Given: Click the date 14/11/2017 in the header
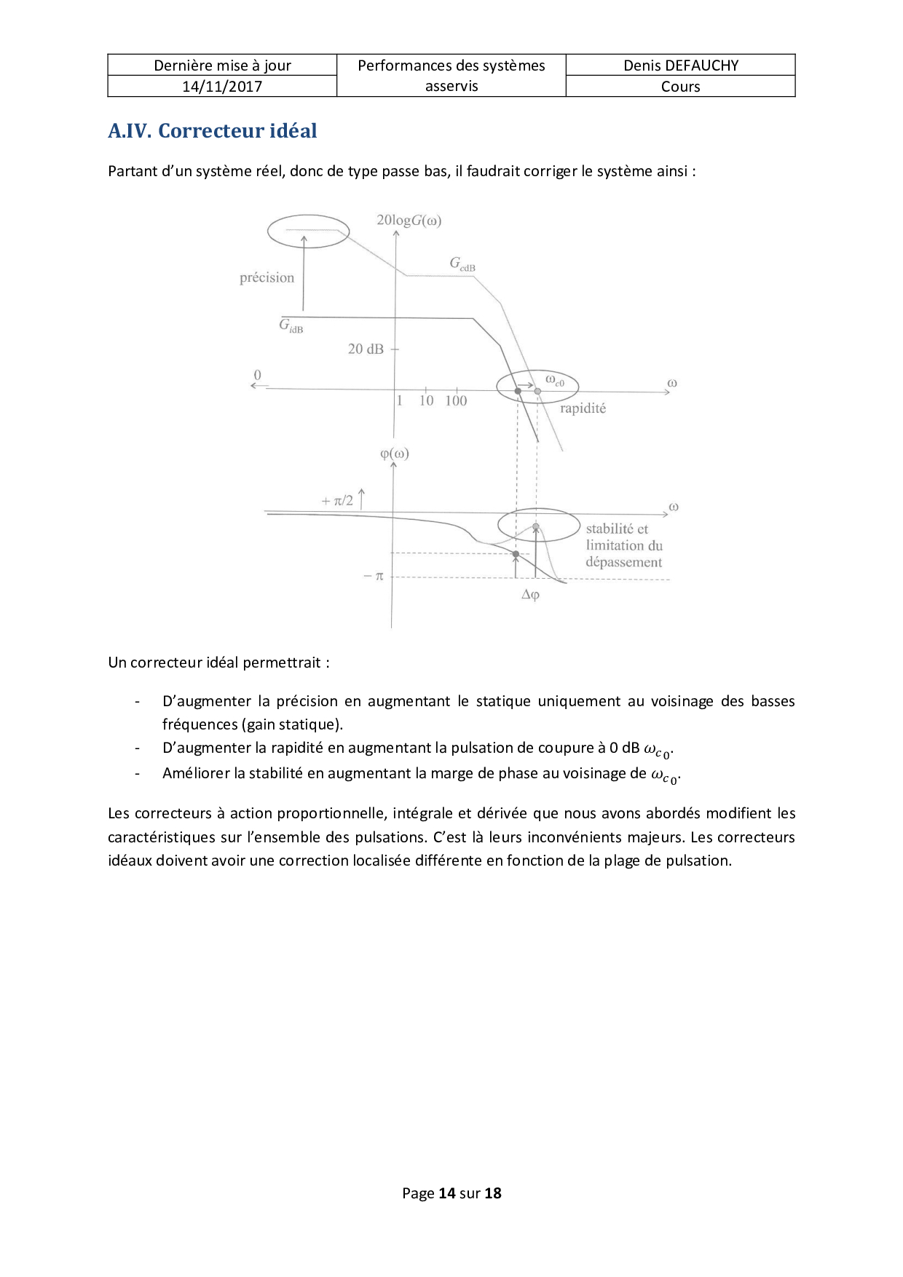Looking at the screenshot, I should click(x=222, y=87).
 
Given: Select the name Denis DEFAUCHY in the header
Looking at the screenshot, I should click(x=680, y=66).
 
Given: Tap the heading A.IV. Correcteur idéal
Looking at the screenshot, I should click(x=213, y=131).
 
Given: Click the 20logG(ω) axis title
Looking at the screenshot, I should click(x=409, y=220).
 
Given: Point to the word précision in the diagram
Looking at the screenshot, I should click(x=267, y=277).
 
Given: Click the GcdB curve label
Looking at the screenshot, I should click(x=462, y=264).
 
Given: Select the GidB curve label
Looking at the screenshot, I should click(x=291, y=325).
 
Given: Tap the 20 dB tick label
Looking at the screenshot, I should click(x=366, y=349).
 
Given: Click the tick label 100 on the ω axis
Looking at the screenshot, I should click(x=456, y=400).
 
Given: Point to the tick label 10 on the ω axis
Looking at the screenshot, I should click(x=426, y=400).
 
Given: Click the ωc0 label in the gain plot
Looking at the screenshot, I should click(x=555, y=380).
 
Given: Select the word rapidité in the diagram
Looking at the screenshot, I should click(x=583, y=408).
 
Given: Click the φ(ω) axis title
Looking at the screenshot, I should click(x=395, y=454).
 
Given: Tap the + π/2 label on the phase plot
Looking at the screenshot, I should click(x=337, y=501).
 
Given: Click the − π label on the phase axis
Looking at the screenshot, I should click(x=374, y=576).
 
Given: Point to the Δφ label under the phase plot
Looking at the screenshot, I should click(x=530, y=595).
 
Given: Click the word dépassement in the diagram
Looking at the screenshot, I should click(x=624, y=562).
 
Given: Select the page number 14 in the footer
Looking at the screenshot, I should click(x=447, y=1193).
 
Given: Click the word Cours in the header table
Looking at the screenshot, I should click(x=680, y=87).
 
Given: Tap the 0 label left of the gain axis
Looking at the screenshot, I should click(x=257, y=376).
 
